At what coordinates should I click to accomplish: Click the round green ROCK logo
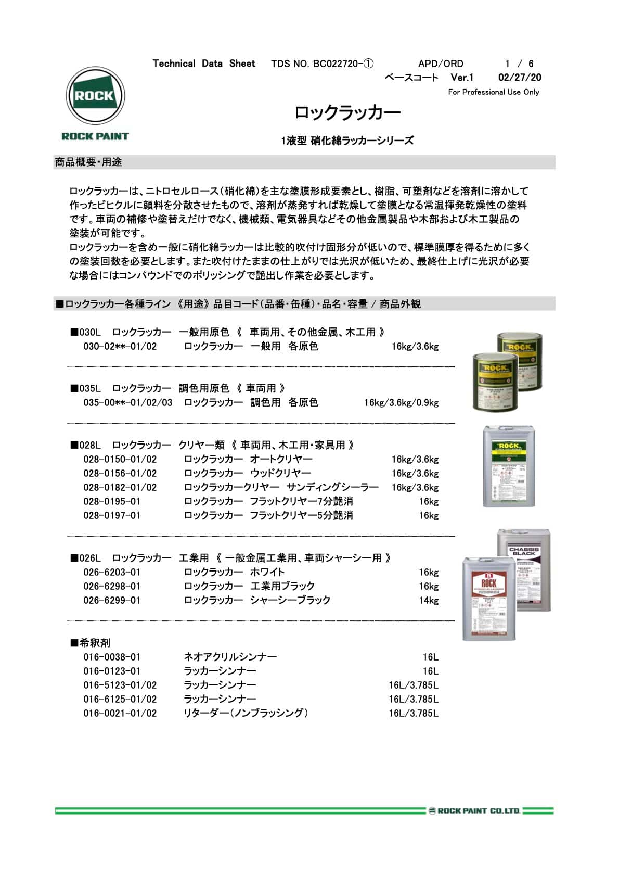[x=95, y=96]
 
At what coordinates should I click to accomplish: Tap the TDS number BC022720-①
[x=322, y=64]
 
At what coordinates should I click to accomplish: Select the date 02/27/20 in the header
[x=519, y=78]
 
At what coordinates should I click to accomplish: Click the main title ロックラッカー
[x=347, y=112]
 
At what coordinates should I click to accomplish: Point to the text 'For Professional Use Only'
[x=493, y=92]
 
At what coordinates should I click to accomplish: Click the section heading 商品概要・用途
[x=88, y=162]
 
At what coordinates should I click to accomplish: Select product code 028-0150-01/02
[x=120, y=460]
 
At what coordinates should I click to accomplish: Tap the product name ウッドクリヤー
[x=280, y=474]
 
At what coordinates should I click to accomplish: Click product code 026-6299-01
[x=112, y=601]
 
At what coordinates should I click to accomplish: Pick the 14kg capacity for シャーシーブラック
[x=429, y=601]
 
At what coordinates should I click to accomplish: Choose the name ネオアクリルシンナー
[x=230, y=657]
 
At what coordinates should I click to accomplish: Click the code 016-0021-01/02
[x=120, y=714]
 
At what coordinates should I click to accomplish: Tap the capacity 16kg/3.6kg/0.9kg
[x=401, y=403]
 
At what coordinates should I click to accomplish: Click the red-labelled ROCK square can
[x=489, y=599]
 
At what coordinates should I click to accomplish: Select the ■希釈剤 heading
[x=91, y=643]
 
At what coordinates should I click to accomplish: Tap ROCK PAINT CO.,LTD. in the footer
[x=475, y=811]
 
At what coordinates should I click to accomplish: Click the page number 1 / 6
[x=519, y=64]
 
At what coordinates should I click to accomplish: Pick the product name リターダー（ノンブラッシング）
[x=246, y=714]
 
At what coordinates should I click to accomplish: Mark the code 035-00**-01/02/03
[x=127, y=403]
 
